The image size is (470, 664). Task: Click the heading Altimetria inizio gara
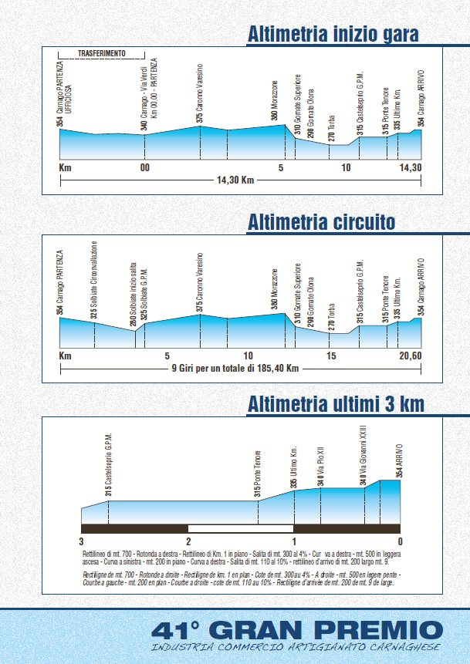click(333, 34)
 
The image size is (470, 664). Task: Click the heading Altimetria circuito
click(321, 222)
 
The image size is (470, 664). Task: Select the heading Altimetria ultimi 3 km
click(335, 404)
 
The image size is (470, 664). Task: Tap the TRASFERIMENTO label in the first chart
click(102, 54)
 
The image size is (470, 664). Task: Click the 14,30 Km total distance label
click(237, 181)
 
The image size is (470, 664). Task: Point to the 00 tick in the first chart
click(144, 167)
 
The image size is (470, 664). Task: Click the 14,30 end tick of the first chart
click(410, 167)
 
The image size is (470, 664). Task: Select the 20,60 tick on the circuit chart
click(410, 356)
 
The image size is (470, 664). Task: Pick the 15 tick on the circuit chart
click(331, 356)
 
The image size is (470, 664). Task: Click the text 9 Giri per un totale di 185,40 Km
click(235, 368)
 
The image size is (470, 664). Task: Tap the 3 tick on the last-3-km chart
click(81, 541)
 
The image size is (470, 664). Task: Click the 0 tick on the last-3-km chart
click(401, 541)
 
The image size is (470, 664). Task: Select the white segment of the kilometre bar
click(241, 528)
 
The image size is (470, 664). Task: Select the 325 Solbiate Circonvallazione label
click(94, 281)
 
